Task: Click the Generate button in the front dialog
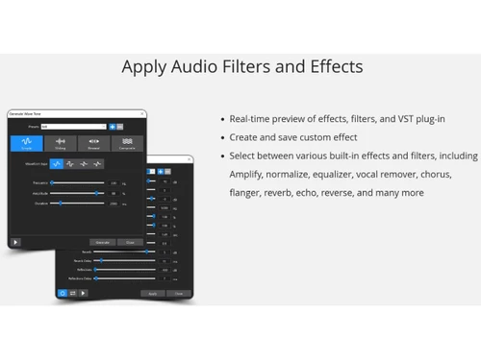102,242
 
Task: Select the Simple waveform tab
26,144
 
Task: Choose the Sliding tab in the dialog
60,144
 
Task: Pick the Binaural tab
93,144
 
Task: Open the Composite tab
127,144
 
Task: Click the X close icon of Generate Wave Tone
142,113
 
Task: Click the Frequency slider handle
52,181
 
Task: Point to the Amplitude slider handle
97,192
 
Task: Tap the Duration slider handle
60,203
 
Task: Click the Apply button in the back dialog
152,293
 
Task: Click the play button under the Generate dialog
15,242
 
